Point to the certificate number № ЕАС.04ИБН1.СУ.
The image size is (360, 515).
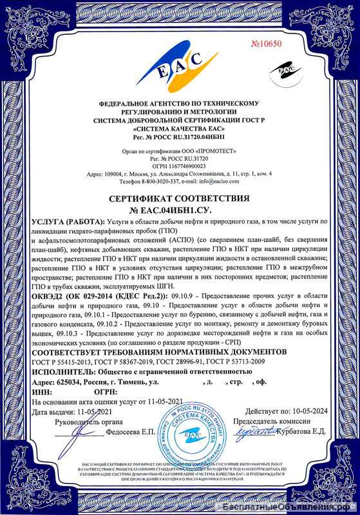[x=180, y=211]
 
